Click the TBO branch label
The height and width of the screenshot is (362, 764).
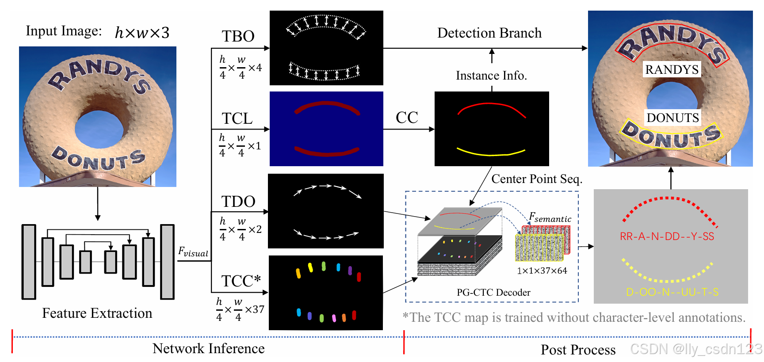click(238, 36)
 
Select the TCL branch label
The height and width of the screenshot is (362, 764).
click(237, 118)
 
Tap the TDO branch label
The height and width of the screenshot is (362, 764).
click(238, 202)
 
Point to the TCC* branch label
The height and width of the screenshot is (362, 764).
click(241, 281)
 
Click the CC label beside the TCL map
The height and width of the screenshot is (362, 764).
click(407, 118)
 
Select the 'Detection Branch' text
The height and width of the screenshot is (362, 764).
click(489, 33)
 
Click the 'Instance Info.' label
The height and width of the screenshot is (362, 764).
click(491, 76)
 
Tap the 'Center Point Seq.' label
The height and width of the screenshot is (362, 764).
click(537, 179)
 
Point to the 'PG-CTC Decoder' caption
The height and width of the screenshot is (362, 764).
click(493, 292)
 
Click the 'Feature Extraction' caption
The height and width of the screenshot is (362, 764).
click(97, 313)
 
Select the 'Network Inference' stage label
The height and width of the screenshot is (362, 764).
click(209, 348)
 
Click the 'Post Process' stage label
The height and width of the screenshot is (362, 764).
click(578, 350)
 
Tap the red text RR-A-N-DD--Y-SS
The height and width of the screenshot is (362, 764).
click(667, 236)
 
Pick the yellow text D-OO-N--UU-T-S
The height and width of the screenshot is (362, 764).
click(672, 292)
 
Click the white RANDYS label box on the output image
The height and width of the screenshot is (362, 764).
click(672, 69)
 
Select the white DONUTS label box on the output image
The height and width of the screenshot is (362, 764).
click(672, 118)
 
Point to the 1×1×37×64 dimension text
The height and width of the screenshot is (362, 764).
click(542, 271)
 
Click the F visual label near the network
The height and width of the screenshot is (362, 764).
click(193, 252)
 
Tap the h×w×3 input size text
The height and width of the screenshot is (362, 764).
click(142, 33)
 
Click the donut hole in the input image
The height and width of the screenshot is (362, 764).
click(99, 129)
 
